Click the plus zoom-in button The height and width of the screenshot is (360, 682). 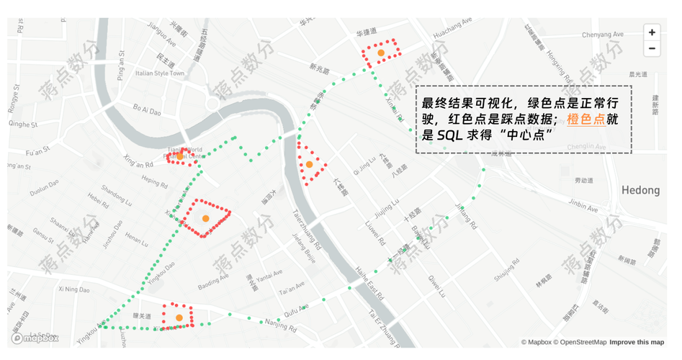(x=651, y=32)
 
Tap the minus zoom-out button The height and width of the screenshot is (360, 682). (x=651, y=49)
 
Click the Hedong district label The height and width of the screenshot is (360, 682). (x=640, y=190)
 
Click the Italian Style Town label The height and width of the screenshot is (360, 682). (x=160, y=73)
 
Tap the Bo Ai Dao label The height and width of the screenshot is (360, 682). (x=147, y=109)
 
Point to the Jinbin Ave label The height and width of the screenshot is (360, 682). (x=583, y=206)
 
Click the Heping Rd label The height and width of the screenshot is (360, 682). (x=154, y=181)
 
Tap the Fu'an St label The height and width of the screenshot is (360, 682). (x=36, y=153)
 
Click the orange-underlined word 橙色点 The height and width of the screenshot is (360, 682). (x=585, y=119)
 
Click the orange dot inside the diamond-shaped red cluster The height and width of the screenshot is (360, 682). (x=205, y=218)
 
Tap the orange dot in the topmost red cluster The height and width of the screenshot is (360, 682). (x=381, y=53)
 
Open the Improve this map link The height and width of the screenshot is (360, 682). (x=637, y=342)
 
